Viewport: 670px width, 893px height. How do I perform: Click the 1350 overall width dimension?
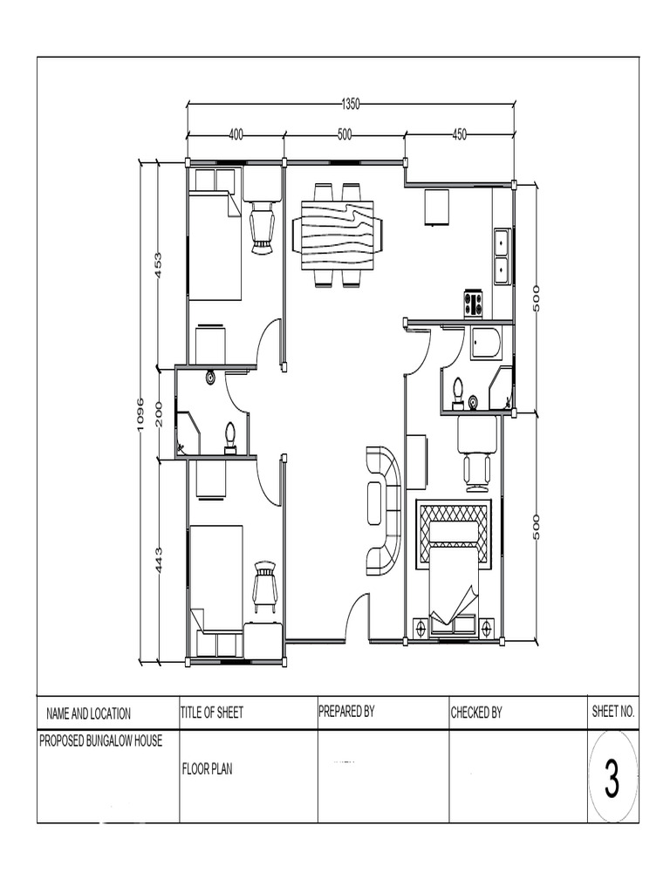pyautogui.click(x=350, y=104)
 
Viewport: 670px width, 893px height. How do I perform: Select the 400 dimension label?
pyautogui.click(x=236, y=135)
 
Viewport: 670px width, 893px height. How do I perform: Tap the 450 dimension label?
pyautogui.click(x=459, y=135)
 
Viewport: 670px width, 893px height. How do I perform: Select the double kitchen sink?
pyautogui.click(x=502, y=256)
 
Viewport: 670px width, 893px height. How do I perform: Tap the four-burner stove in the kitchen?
pyautogui.click(x=473, y=303)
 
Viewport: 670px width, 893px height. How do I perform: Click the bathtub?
pyautogui.click(x=486, y=344)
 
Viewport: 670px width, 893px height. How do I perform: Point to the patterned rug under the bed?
pyautogui.click(x=454, y=534)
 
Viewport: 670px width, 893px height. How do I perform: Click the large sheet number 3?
pyautogui.click(x=612, y=780)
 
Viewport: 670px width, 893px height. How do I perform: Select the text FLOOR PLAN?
pyautogui.click(x=207, y=769)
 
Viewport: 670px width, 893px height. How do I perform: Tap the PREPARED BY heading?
pyautogui.click(x=346, y=712)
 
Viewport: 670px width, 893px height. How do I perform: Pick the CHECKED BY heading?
pyautogui.click(x=475, y=712)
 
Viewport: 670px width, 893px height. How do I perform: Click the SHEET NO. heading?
pyautogui.click(x=612, y=712)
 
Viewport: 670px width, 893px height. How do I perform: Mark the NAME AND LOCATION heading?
pyautogui.click(x=88, y=713)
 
